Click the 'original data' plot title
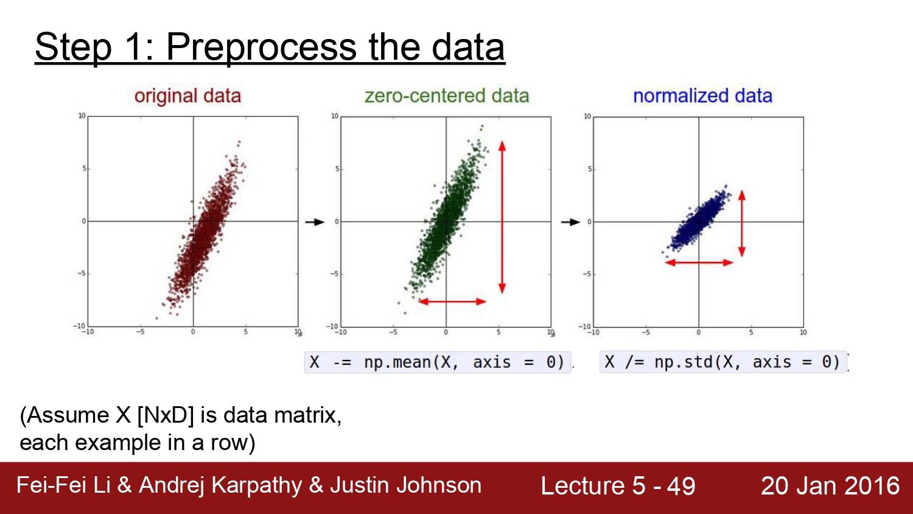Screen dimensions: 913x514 click(x=187, y=96)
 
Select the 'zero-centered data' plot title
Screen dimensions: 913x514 click(x=447, y=96)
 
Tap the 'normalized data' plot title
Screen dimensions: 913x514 click(x=702, y=96)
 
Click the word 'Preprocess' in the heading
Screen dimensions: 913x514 click(x=261, y=48)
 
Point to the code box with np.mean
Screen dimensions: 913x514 click(x=438, y=362)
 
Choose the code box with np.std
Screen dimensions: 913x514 click(x=723, y=362)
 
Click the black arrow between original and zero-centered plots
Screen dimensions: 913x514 click(x=315, y=222)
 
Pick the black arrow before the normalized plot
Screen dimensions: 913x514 click(x=571, y=222)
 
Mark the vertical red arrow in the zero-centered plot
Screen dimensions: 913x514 click(x=502, y=217)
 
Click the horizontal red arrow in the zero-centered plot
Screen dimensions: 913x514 click(x=452, y=301)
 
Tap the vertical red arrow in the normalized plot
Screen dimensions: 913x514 click(x=742, y=223)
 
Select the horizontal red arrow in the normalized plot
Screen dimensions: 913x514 click(x=699, y=262)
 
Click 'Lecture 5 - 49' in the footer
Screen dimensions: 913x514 click(x=618, y=486)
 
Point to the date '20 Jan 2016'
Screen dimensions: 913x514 click(x=830, y=486)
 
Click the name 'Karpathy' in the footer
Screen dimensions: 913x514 click(x=256, y=486)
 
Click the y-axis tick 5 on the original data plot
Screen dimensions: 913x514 click(x=85, y=169)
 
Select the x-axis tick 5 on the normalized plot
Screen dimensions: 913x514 click(x=751, y=333)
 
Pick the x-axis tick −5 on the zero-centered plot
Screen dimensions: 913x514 click(x=393, y=333)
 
